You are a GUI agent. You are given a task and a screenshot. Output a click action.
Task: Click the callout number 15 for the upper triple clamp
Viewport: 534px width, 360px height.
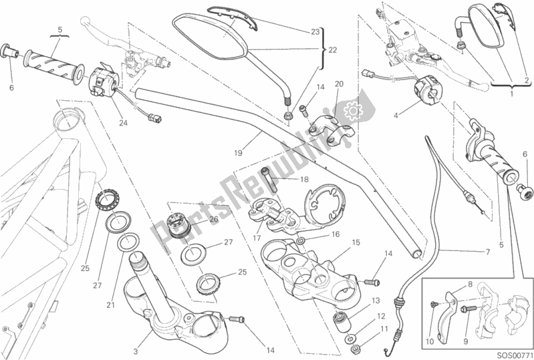pyautogui.click(x=356, y=242)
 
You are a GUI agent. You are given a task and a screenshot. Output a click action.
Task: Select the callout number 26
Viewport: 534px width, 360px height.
pyautogui.click(x=214, y=219)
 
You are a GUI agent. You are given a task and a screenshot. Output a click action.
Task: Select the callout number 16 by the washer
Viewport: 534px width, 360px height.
pyautogui.click(x=336, y=234)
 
